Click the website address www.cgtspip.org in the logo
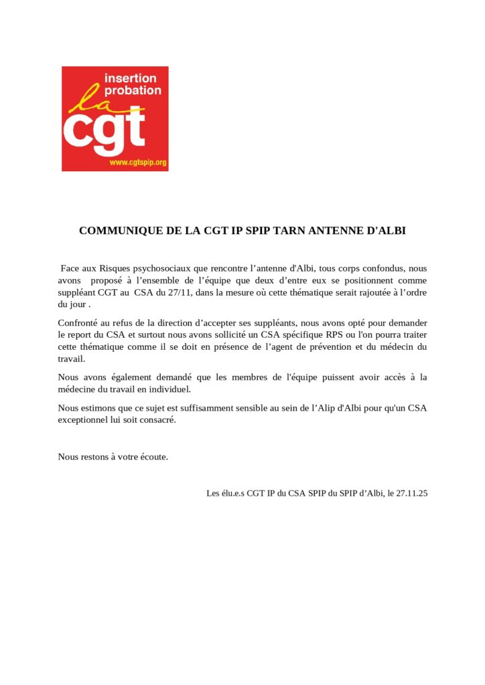point(138,163)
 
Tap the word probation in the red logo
point(133,90)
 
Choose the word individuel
point(170,389)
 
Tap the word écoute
point(153,457)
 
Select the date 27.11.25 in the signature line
point(411,494)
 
